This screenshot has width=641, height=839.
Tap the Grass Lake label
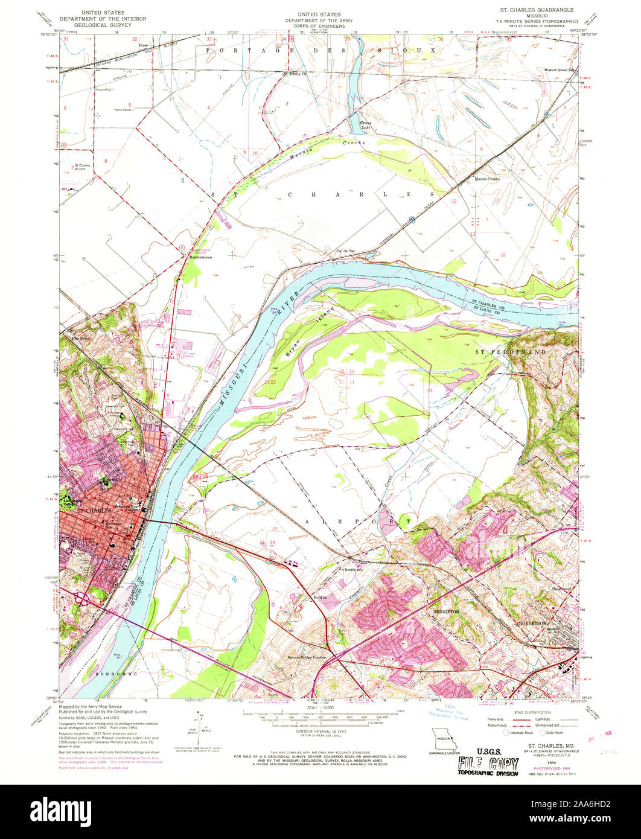(x=366, y=126)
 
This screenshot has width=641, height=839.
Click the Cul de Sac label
(x=345, y=251)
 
